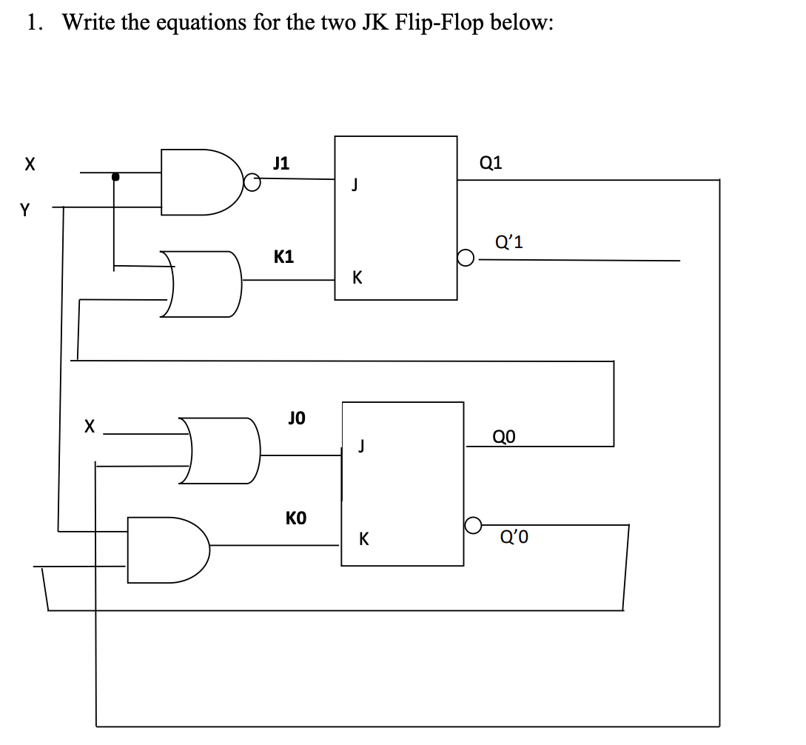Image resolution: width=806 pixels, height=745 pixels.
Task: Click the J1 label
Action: coord(281,162)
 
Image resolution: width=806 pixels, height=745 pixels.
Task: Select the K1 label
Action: coord(283,257)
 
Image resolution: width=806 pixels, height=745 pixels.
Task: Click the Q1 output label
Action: coord(491,163)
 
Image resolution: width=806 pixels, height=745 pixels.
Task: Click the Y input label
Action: coord(26,210)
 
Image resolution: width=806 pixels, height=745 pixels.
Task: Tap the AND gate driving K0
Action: coord(167,549)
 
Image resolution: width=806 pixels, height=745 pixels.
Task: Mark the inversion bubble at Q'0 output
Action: coord(474,526)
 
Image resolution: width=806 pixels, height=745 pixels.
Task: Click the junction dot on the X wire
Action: coord(115,177)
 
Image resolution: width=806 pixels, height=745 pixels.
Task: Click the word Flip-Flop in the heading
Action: coord(440,22)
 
